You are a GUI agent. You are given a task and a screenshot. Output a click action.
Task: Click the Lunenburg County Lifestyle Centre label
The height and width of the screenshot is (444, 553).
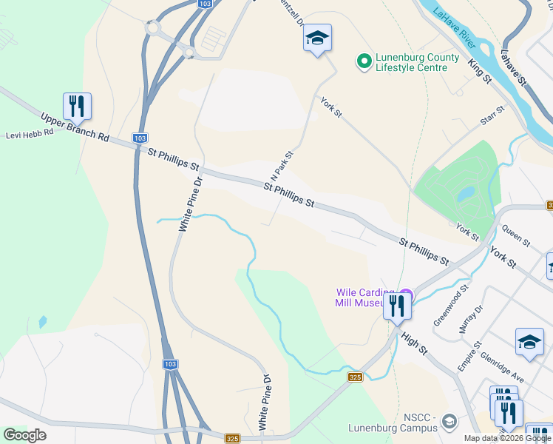click(417, 62)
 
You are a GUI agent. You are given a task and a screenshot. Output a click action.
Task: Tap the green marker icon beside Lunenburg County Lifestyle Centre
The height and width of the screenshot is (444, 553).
click(364, 62)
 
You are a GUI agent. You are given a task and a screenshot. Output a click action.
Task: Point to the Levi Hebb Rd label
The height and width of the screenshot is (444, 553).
click(30, 134)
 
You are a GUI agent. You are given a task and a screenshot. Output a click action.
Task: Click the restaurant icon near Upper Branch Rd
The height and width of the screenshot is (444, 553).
click(77, 107)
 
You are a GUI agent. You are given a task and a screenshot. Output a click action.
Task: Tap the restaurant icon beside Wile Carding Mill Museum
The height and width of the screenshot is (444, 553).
click(398, 305)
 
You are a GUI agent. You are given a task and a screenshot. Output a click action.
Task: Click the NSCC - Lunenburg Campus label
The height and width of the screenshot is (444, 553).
click(399, 423)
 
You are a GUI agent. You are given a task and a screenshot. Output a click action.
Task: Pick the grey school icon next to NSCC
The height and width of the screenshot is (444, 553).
click(449, 423)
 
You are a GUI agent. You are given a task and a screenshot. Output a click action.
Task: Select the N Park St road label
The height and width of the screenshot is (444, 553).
click(283, 168)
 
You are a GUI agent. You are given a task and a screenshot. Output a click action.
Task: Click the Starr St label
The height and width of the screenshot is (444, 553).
click(492, 115)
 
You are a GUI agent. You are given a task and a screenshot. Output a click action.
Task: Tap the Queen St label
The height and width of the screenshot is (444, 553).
click(516, 236)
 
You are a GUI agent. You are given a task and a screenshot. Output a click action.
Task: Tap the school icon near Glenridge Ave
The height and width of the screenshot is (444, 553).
click(529, 341)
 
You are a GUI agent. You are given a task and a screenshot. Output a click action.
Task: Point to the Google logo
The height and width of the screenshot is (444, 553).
click(24, 435)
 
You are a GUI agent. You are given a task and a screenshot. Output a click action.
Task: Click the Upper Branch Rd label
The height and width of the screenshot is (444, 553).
click(75, 128)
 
